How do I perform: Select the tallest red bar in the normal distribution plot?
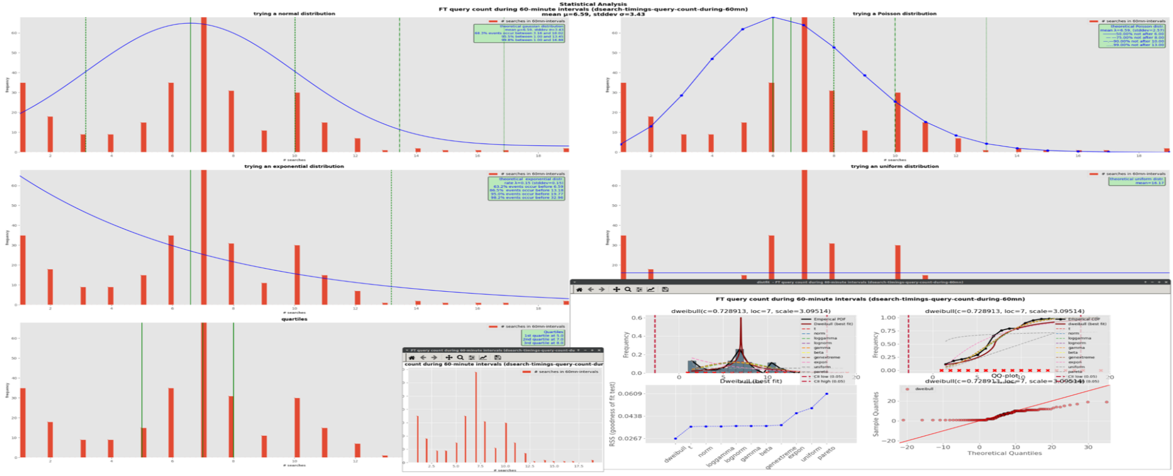203,85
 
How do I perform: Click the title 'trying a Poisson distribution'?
894,13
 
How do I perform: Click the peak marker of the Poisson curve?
773,18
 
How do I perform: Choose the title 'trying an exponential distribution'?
294,166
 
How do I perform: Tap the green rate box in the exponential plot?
527,188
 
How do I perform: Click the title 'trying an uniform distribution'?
894,166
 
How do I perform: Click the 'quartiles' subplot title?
294,319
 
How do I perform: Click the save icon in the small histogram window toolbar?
497,357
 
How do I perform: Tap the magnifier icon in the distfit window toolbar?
628,289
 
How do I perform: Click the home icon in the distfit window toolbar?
579,289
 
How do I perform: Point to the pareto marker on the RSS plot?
827,394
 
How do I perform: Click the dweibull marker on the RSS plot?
675,438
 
